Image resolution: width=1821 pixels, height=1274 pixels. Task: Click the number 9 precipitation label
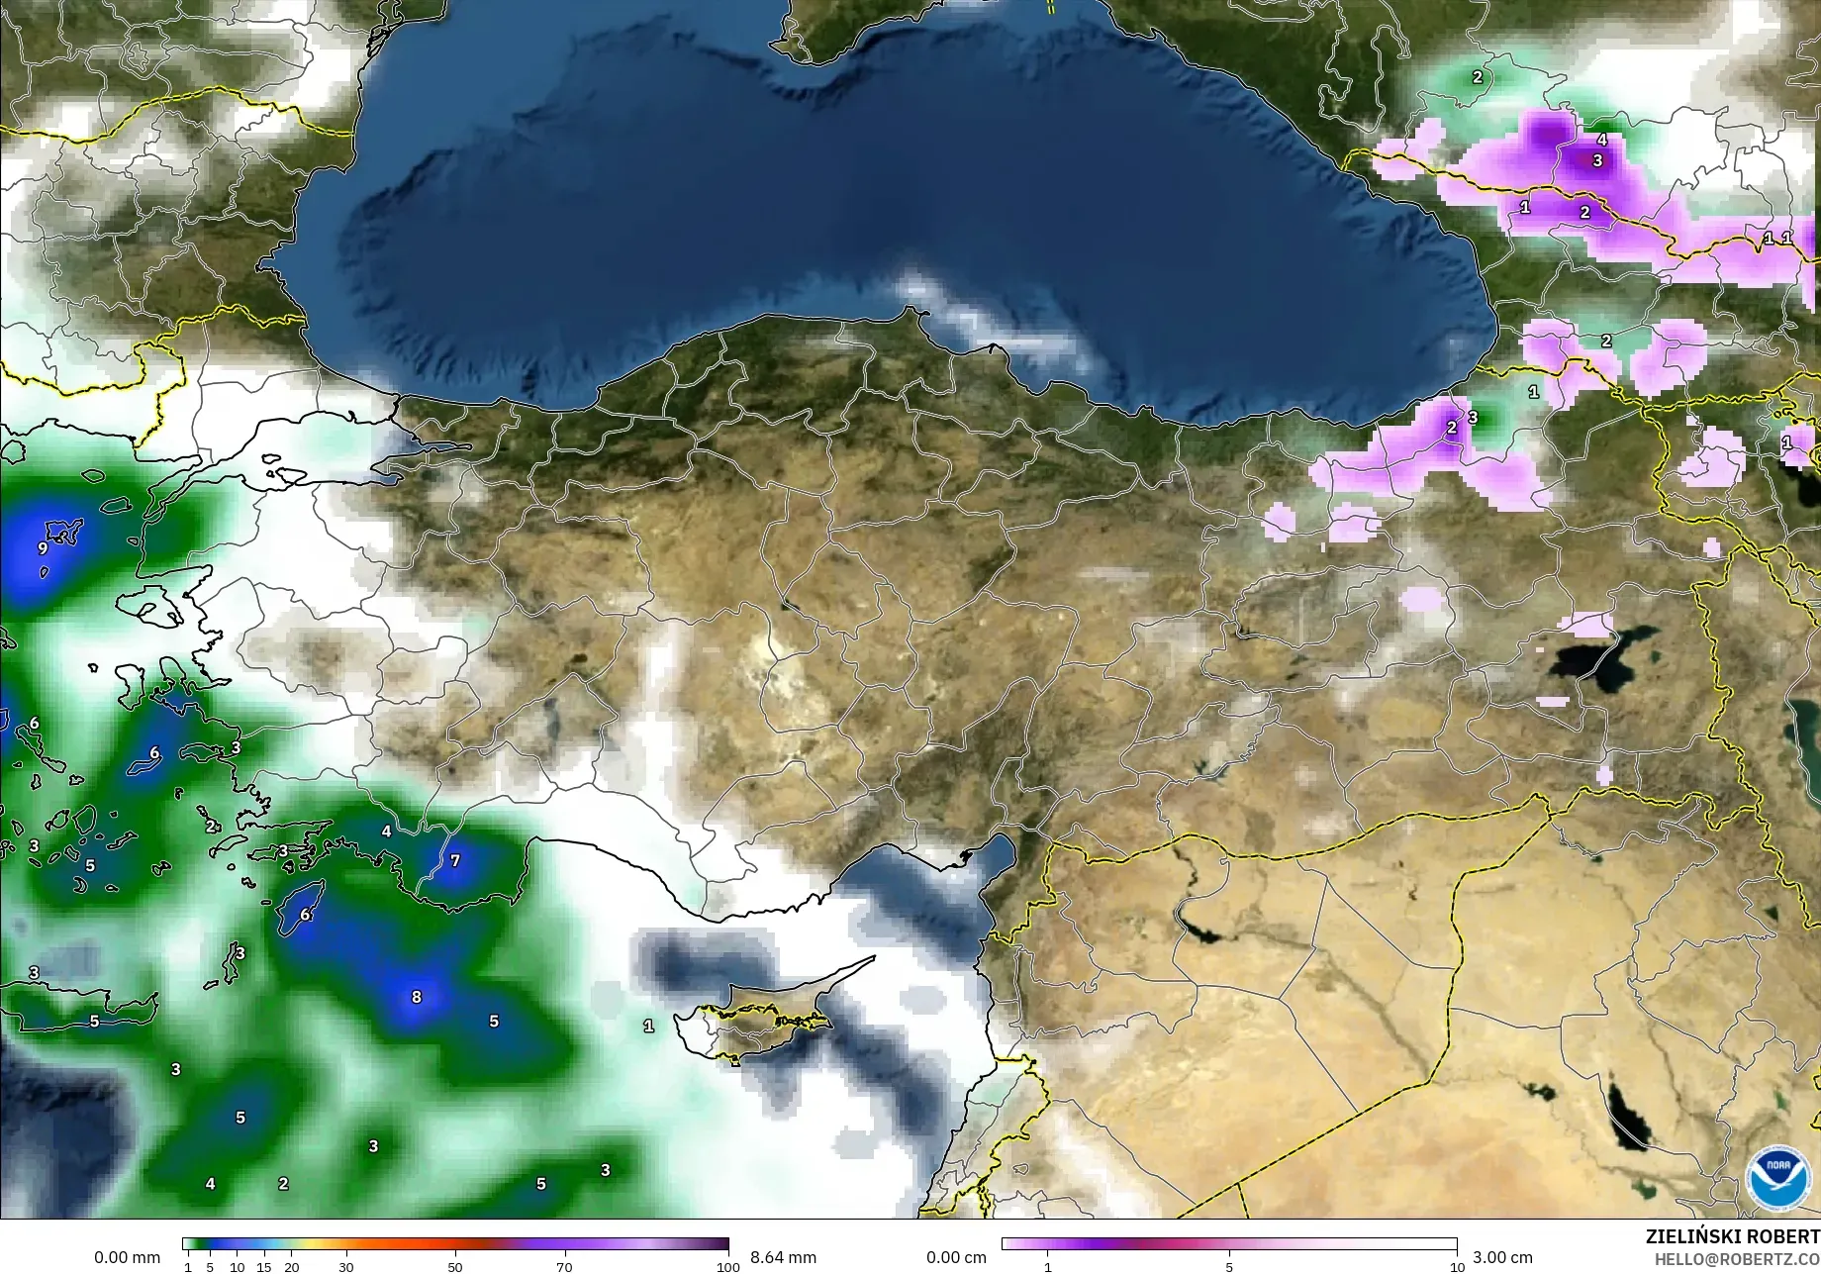tap(43, 547)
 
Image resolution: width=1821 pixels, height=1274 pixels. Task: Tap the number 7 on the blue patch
tap(455, 860)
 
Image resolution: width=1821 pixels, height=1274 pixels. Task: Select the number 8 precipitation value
tap(417, 997)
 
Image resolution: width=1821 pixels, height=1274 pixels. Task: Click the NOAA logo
tap(1778, 1177)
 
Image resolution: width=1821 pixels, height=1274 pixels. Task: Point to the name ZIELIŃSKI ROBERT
tap(1732, 1236)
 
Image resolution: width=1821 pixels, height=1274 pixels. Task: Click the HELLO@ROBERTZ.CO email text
tap(1737, 1259)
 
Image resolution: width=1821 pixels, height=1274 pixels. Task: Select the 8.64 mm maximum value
tap(783, 1257)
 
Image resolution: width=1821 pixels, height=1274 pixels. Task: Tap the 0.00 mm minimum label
tap(127, 1257)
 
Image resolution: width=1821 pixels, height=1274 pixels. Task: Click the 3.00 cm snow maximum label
tap(1502, 1257)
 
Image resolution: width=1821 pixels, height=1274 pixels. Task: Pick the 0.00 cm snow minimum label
tap(956, 1257)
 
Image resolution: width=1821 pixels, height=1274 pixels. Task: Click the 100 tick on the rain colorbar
tap(728, 1267)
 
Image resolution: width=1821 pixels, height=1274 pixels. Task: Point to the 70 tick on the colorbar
tap(564, 1267)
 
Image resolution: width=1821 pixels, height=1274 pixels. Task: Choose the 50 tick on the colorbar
tap(455, 1267)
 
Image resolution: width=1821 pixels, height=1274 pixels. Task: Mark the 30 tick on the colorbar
tap(345, 1267)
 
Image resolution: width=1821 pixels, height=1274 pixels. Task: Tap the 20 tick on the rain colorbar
tap(291, 1267)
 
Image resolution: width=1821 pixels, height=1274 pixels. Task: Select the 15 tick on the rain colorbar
tap(264, 1267)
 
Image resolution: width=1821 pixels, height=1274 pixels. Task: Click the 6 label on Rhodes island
tap(306, 915)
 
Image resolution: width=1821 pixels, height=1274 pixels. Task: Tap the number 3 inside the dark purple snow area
tap(1597, 160)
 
